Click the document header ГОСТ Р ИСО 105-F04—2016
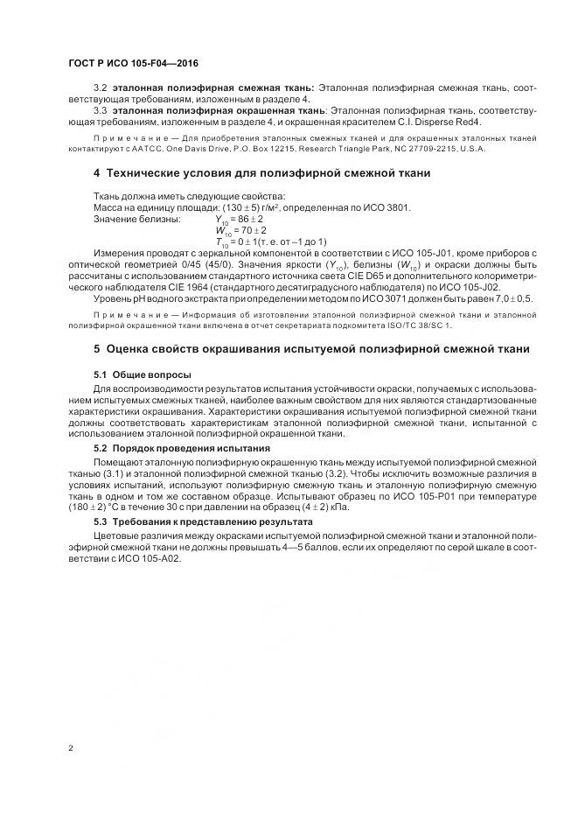tap(126, 65)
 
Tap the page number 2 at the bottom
tap(71, 748)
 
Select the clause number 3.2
tap(100, 89)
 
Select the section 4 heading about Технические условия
tap(249, 173)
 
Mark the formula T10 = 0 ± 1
tap(271, 241)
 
